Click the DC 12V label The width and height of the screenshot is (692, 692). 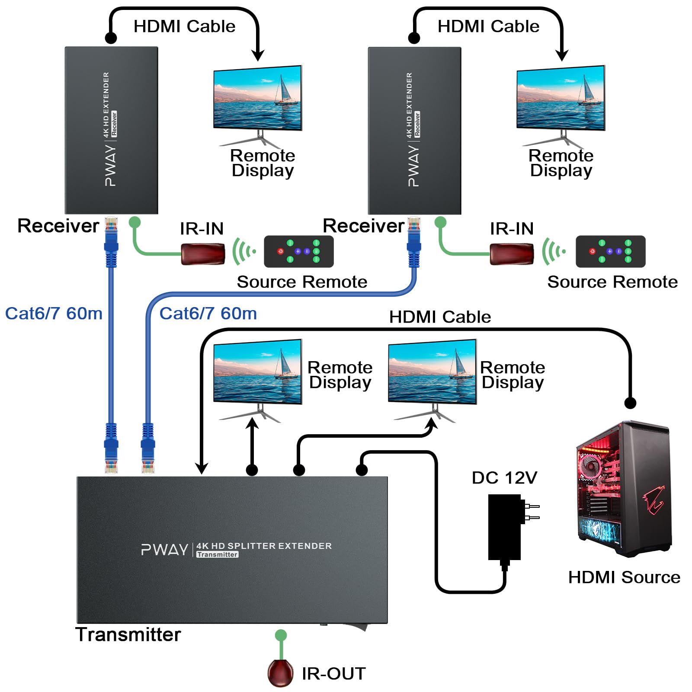[504, 478]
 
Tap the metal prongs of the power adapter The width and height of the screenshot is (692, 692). [532, 512]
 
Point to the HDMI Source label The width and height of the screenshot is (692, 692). [624, 577]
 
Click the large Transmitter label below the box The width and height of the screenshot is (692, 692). [128, 634]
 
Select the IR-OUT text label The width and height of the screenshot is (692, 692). [333, 674]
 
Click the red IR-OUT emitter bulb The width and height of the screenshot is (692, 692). [280, 673]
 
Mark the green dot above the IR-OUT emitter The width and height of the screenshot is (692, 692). [281, 635]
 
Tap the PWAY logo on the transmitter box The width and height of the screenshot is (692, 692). [164, 550]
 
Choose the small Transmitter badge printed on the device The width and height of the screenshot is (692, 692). [217, 554]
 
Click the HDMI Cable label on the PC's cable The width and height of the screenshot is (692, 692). [440, 317]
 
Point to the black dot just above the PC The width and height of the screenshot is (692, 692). [630, 403]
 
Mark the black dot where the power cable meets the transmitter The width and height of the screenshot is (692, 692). [362, 470]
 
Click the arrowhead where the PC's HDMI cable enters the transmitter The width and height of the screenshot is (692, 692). [202, 468]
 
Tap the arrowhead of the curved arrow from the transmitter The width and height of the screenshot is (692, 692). [431, 423]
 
